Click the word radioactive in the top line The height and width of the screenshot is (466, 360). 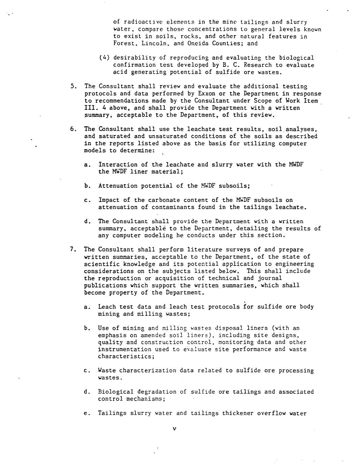click(x=139, y=22)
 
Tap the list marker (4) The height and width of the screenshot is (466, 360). click(x=104, y=58)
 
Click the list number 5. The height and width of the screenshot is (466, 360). click(x=73, y=86)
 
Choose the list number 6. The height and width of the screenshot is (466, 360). click(x=73, y=129)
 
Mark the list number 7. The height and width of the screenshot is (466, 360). click(x=73, y=250)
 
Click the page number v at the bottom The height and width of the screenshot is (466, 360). click(x=175, y=429)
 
